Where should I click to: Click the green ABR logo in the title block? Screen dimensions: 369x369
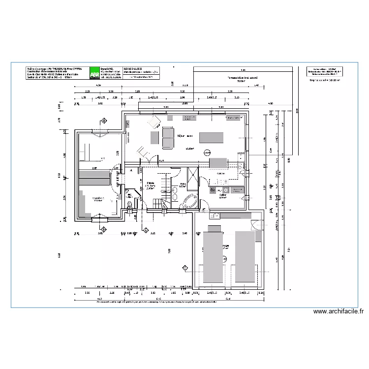93,73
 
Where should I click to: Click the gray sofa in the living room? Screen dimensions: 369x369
168,137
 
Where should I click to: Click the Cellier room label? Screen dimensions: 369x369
222,195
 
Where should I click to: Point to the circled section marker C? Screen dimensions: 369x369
184,268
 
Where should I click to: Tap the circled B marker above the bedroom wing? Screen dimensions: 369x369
104,121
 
